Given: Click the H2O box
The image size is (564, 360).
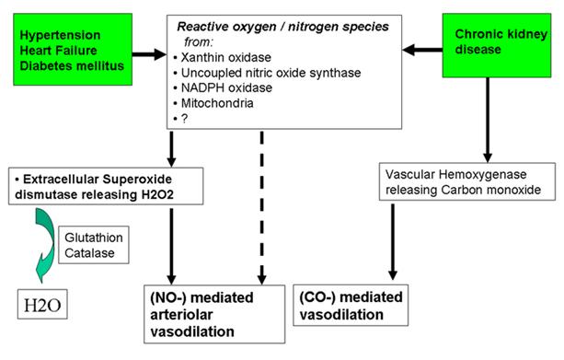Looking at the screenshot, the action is click(x=42, y=304).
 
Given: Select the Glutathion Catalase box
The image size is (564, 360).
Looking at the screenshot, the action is click(x=94, y=245).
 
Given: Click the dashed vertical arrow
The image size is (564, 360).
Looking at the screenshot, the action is click(x=262, y=208).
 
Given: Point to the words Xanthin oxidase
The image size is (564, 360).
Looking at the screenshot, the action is click(x=226, y=57).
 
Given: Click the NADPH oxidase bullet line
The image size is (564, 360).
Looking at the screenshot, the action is click(x=223, y=87).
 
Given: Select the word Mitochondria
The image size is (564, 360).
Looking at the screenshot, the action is click(x=217, y=103).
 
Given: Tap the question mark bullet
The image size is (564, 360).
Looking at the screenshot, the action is click(x=180, y=119).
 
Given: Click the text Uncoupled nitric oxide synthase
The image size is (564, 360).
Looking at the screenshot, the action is click(x=270, y=73).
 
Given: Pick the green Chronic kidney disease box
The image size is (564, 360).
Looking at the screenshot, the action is click(x=497, y=45).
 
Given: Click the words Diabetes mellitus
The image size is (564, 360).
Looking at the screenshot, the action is click(x=72, y=66).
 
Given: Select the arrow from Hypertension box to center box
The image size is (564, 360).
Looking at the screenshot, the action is click(x=149, y=54).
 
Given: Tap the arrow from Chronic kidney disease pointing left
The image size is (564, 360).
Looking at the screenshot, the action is click(x=422, y=50).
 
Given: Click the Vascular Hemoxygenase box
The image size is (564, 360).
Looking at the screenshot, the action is click(x=466, y=181).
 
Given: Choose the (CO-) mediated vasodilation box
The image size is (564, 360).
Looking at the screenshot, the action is click(x=351, y=306).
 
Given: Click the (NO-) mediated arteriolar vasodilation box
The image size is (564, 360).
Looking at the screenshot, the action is click(x=214, y=314).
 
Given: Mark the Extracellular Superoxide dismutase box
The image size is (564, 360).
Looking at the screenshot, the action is click(x=106, y=187).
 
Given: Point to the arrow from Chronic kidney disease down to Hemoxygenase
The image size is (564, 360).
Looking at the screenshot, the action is click(x=488, y=120).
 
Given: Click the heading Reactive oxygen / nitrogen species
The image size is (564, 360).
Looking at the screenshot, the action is click(x=282, y=27).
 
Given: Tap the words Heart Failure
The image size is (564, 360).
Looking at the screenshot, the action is click(x=58, y=51).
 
